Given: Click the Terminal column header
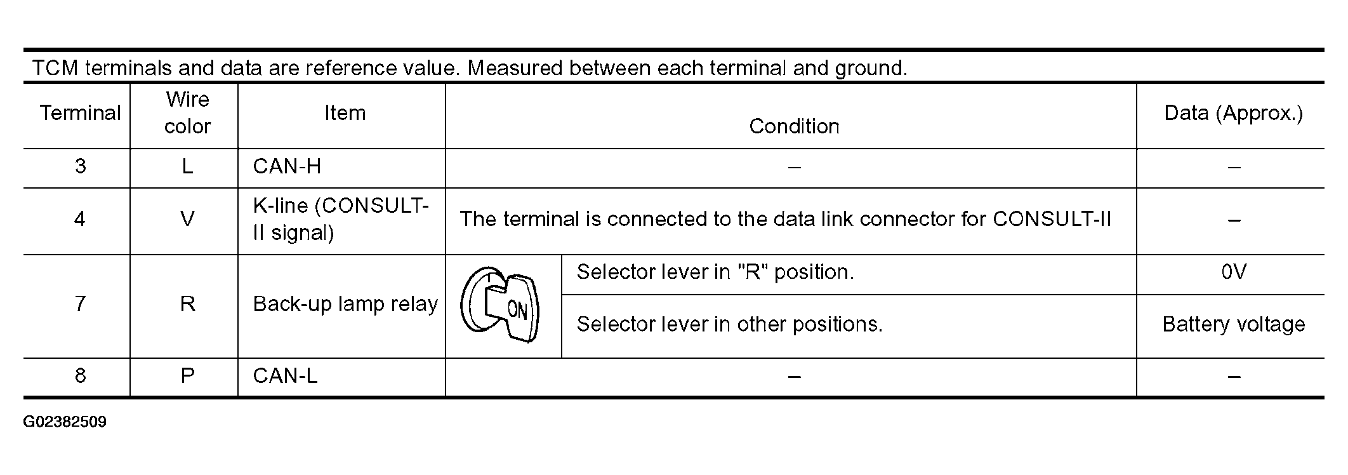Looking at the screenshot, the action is pyautogui.click(x=80, y=113).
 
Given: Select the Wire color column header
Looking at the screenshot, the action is pyautogui.click(x=187, y=113).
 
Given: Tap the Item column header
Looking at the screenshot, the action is pyautogui.click(x=345, y=113).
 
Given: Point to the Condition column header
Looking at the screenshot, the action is pyautogui.click(x=794, y=126).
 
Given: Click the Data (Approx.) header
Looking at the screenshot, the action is pyautogui.click(x=1234, y=113).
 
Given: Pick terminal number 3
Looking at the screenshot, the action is pyautogui.click(x=80, y=166).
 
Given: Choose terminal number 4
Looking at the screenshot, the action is pyautogui.click(x=80, y=219).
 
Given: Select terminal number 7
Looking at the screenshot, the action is pyautogui.click(x=80, y=304).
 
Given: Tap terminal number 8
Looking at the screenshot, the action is pyautogui.click(x=80, y=376).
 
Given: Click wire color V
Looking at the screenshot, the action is pyautogui.click(x=187, y=219).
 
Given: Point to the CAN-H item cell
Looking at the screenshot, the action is pyautogui.click(x=287, y=166).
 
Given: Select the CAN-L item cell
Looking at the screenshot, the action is pyautogui.click(x=285, y=376).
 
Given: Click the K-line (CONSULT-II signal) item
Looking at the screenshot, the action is pyautogui.click(x=341, y=219).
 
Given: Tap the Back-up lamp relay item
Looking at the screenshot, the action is pyautogui.click(x=345, y=304).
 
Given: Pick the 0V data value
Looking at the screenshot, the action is pyautogui.click(x=1234, y=272).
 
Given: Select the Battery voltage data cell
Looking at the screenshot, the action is pyautogui.click(x=1234, y=324).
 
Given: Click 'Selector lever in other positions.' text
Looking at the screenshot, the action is pyautogui.click(x=730, y=324).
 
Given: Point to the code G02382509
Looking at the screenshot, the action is pyautogui.click(x=65, y=422).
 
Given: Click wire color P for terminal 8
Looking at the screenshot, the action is pyautogui.click(x=187, y=376).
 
